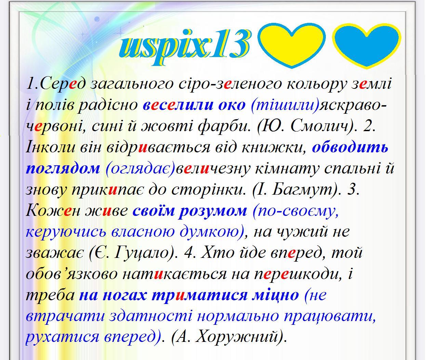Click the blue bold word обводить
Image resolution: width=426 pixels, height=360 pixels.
point(350,147)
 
